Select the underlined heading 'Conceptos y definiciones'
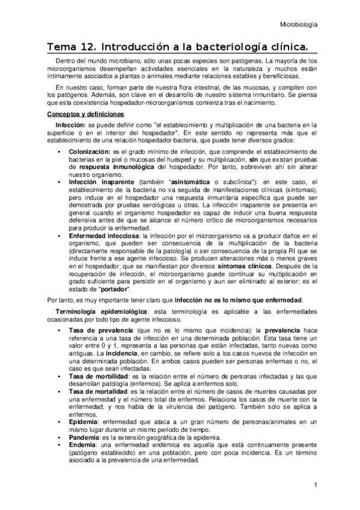coord(85,114)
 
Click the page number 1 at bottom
coord(315,485)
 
